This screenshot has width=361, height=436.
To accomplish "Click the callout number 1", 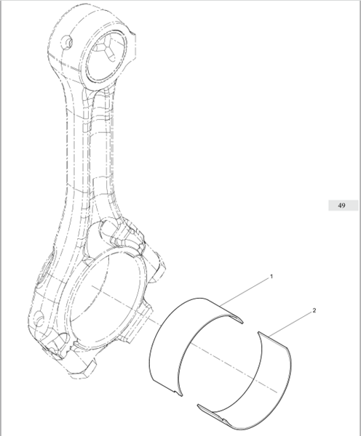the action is click(x=271, y=276).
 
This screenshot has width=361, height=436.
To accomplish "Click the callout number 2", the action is click(x=314, y=310).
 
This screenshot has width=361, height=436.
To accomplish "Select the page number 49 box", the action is click(x=343, y=206).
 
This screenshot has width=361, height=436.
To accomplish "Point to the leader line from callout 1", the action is click(x=245, y=293).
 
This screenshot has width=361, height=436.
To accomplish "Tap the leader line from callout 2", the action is click(x=290, y=323).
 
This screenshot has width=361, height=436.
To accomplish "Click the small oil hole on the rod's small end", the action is click(x=68, y=41).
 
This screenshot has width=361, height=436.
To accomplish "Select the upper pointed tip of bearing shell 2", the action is click(x=259, y=333).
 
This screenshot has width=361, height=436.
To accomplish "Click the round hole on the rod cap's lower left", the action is click(x=39, y=318).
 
